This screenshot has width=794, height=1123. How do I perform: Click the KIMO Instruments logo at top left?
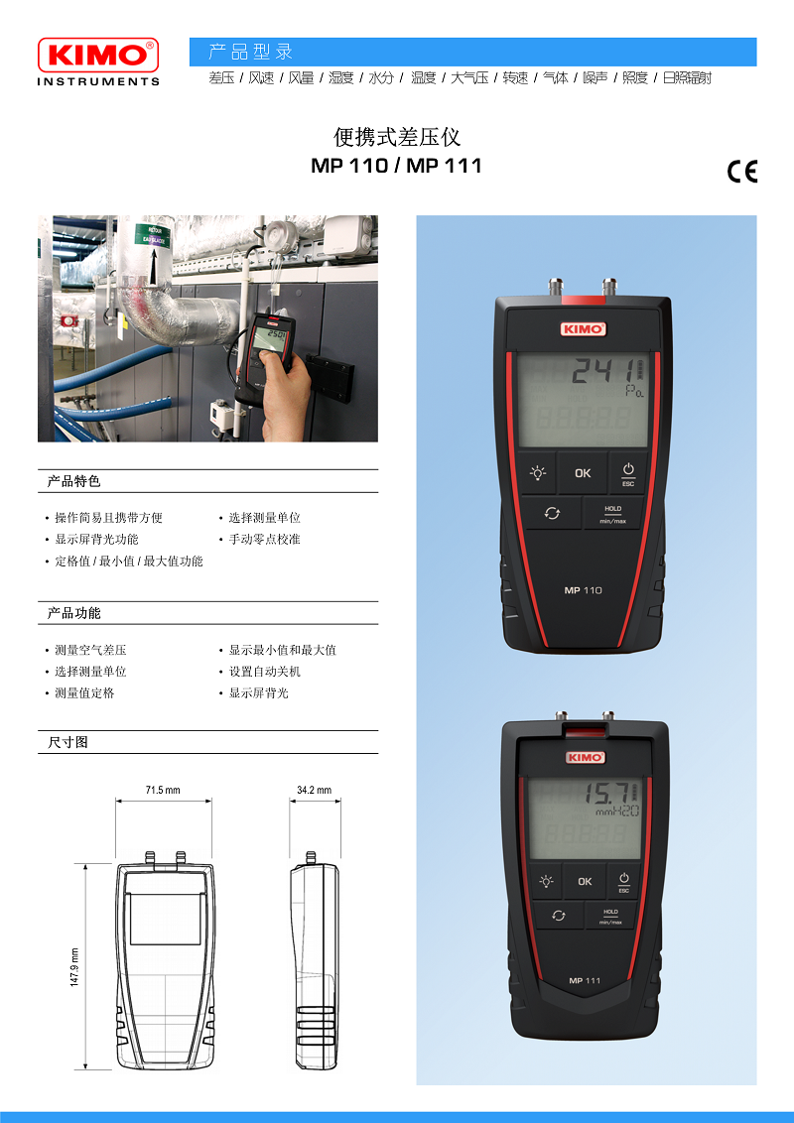(98, 62)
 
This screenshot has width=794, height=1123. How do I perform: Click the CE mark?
(741, 172)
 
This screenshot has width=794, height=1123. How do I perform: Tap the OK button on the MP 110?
(583, 472)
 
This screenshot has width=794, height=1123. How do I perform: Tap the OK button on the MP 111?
(585, 881)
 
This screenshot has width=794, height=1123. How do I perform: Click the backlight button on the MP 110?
(538, 472)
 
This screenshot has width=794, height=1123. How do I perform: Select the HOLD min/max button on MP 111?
(609, 917)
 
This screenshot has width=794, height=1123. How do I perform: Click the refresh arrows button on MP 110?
(552, 513)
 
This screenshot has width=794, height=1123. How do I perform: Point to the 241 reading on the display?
(601, 372)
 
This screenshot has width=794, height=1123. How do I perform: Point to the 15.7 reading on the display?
(605, 793)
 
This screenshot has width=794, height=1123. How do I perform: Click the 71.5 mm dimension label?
(164, 790)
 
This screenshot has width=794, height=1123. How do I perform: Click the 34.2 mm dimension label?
(314, 790)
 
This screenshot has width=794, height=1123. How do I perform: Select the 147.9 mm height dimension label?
(74, 967)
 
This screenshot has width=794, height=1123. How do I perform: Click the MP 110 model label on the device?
(583, 590)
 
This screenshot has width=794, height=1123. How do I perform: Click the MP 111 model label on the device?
(585, 980)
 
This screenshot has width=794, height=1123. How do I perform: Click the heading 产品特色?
(73, 481)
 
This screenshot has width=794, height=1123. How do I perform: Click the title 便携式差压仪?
(397, 137)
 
